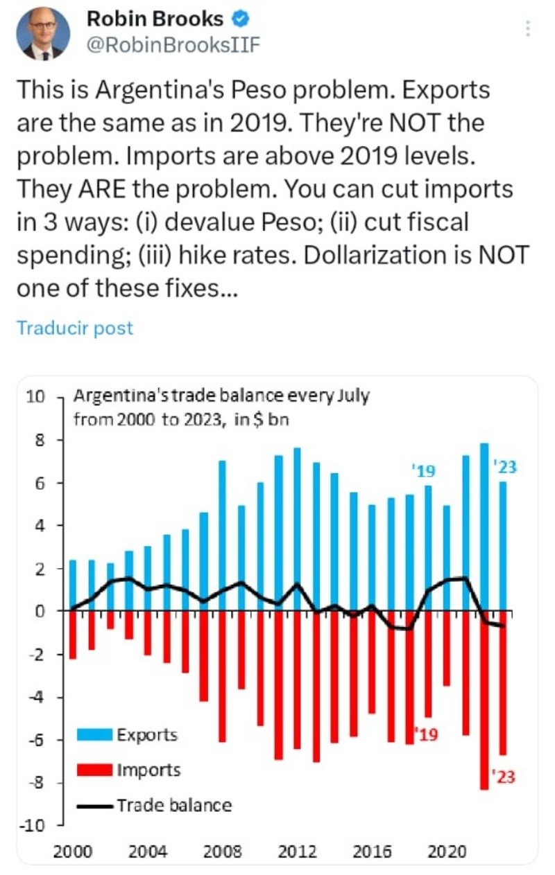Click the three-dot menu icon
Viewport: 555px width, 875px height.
[528, 28]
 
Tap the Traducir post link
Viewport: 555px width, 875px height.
[74, 328]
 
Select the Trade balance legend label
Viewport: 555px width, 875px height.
[174, 805]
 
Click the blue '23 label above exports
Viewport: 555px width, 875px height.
[506, 467]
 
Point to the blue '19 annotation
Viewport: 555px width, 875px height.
[422, 472]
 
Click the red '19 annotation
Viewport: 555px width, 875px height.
[425, 735]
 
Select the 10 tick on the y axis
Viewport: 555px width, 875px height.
[35, 397]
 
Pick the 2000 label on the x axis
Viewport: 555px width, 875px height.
[73, 852]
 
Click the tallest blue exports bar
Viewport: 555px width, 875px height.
[484, 527]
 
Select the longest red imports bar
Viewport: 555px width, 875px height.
[484, 700]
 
